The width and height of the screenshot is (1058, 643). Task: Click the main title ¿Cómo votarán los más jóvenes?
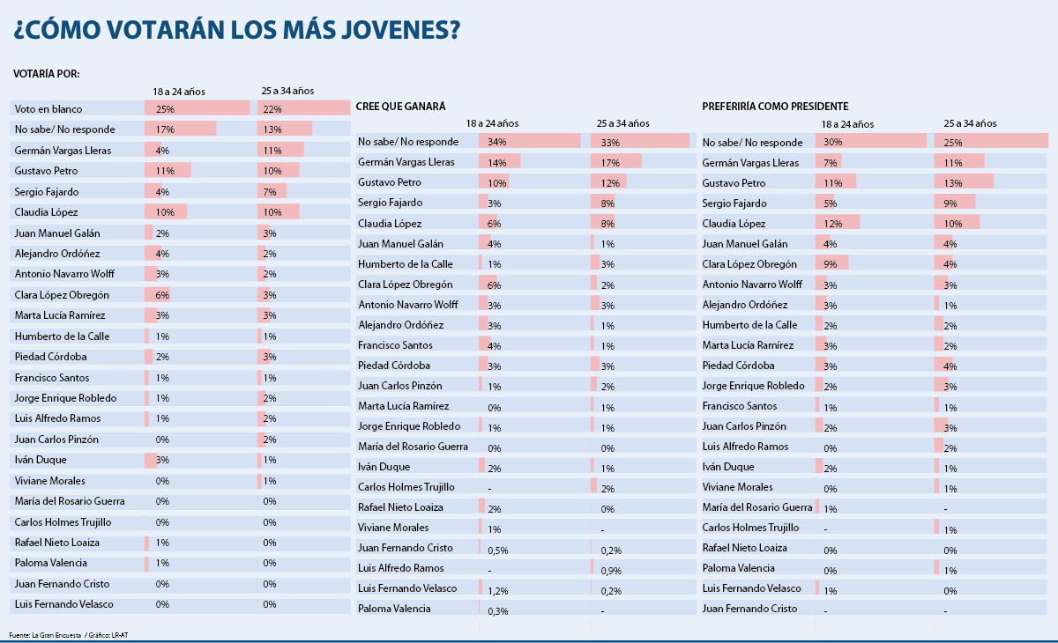[x=236, y=31]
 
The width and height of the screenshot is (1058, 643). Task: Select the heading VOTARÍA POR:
[x=48, y=74]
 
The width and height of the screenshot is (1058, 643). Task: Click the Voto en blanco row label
[x=48, y=108]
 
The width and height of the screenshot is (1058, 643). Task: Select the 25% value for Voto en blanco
[x=164, y=108]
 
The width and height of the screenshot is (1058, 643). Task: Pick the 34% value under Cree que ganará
[x=497, y=142]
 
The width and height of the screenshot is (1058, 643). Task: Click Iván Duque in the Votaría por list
[x=41, y=460]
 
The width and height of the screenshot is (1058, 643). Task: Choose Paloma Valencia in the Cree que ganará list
[x=394, y=609]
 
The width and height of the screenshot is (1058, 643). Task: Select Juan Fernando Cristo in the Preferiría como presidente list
[x=749, y=609]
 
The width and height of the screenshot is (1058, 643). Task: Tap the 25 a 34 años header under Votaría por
[x=287, y=91]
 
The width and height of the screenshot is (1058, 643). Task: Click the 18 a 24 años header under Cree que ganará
[x=492, y=123]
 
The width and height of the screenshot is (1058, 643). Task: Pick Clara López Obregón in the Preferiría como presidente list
[x=749, y=264]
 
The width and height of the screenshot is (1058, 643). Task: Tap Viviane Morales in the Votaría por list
[x=50, y=481]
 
